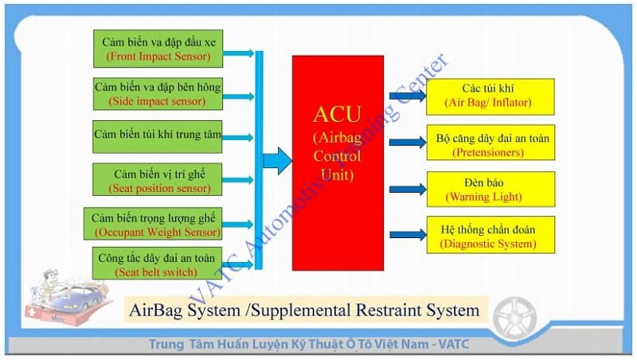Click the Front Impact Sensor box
click(x=158, y=49)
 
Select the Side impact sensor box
click(x=158, y=93)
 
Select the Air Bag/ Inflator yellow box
click(x=487, y=95)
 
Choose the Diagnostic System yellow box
click(x=487, y=237)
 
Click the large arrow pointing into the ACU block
click(x=277, y=161)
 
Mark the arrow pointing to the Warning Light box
click(x=408, y=190)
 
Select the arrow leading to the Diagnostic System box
click(x=408, y=234)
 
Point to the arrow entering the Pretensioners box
click(x=408, y=142)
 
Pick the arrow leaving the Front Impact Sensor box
click(x=239, y=53)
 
